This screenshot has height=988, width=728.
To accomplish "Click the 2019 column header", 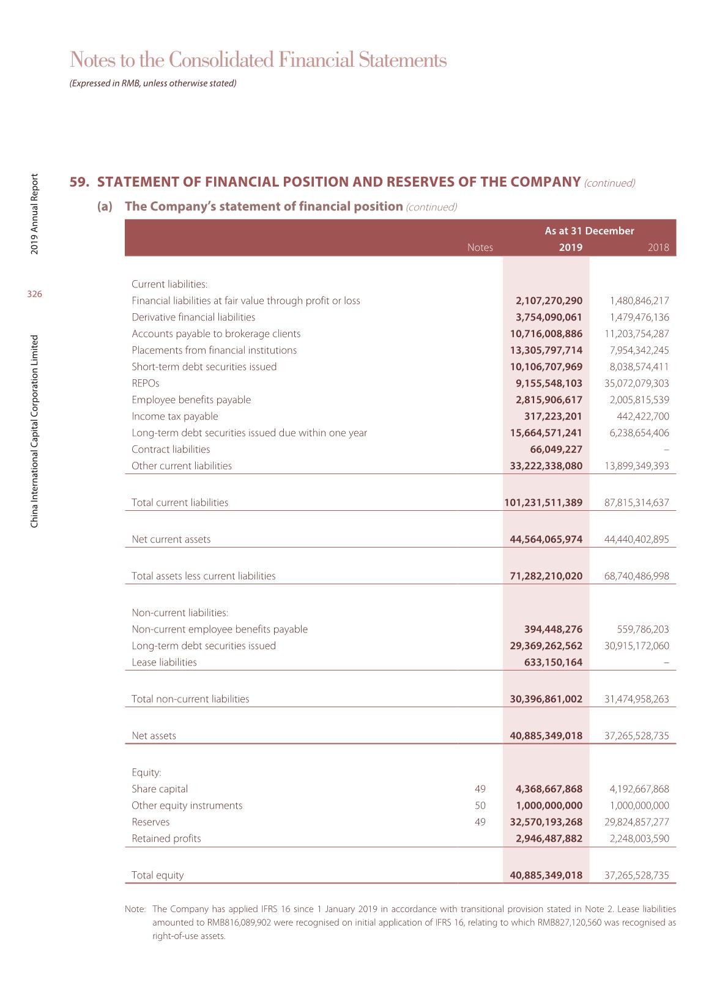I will click(x=570, y=248).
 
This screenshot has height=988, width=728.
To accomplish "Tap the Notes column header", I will click(x=480, y=248).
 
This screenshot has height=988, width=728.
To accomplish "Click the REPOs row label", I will click(x=146, y=383).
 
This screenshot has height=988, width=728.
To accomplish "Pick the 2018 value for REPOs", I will click(x=637, y=383).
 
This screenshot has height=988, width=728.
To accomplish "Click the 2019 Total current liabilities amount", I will click(x=543, y=502).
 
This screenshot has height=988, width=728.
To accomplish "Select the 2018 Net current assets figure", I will click(x=637, y=539).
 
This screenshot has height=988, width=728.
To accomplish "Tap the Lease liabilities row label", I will click(x=165, y=662).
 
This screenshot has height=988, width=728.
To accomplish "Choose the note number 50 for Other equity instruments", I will click(x=480, y=805).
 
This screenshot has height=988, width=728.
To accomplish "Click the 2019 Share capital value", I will click(x=546, y=789).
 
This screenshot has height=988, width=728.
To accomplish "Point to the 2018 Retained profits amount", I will click(x=639, y=838).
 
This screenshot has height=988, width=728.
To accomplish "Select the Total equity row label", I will click(x=158, y=875).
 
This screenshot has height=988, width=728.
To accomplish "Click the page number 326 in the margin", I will click(x=34, y=294).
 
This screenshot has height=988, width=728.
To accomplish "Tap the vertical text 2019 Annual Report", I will click(x=35, y=214).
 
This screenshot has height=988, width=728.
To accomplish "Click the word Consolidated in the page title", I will click(x=220, y=60).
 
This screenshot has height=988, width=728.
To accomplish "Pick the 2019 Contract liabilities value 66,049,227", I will click(x=556, y=449).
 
